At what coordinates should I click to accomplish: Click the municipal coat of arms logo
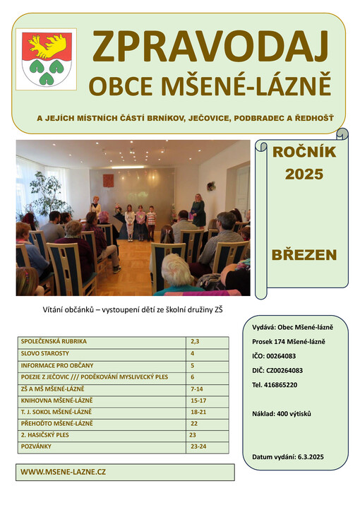[45, 59]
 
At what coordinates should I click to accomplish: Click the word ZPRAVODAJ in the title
[211, 48]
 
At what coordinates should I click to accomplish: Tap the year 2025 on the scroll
[304, 174]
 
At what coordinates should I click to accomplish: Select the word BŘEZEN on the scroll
[304, 255]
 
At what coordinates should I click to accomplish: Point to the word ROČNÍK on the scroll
[304, 152]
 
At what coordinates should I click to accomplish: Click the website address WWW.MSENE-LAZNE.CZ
[64, 471]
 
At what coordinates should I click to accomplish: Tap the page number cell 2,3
[196, 341]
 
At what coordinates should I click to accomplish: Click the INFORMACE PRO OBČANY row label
[57, 365]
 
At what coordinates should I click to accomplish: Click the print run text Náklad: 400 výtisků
[282, 413]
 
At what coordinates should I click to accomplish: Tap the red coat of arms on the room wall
[108, 180]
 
